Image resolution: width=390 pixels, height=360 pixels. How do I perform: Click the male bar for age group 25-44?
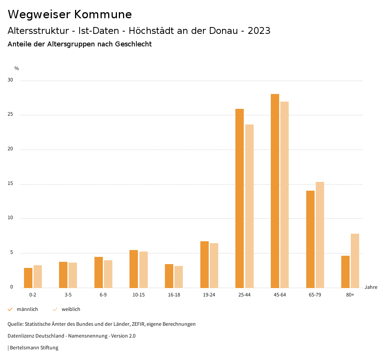[240, 198]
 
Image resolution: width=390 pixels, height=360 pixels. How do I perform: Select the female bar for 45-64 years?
[285, 194]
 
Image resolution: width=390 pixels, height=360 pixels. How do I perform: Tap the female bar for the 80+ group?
[355, 261]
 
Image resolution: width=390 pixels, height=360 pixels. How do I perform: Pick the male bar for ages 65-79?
[310, 239]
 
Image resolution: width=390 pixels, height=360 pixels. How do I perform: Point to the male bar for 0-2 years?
[28, 278]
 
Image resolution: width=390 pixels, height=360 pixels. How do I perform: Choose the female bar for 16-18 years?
[179, 277]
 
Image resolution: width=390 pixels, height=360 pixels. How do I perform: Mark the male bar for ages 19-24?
[205, 264]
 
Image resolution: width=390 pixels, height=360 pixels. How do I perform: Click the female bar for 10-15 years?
[143, 269]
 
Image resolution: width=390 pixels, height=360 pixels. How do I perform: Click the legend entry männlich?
[27, 309]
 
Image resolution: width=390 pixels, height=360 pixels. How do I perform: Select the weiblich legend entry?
[71, 309]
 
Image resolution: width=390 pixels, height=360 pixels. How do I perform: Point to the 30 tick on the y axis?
[10, 80]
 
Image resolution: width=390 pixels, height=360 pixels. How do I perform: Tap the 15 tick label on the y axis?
[10, 184]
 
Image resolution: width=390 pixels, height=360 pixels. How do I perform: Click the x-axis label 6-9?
[103, 295]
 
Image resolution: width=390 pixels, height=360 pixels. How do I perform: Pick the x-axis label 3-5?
[68, 295]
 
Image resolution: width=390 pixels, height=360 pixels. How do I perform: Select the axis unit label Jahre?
[371, 287]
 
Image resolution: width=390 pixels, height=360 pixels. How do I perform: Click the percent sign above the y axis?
[17, 68]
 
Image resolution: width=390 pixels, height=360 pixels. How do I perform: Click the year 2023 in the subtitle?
[259, 31]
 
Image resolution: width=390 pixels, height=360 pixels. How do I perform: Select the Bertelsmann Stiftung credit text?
[34, 348]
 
